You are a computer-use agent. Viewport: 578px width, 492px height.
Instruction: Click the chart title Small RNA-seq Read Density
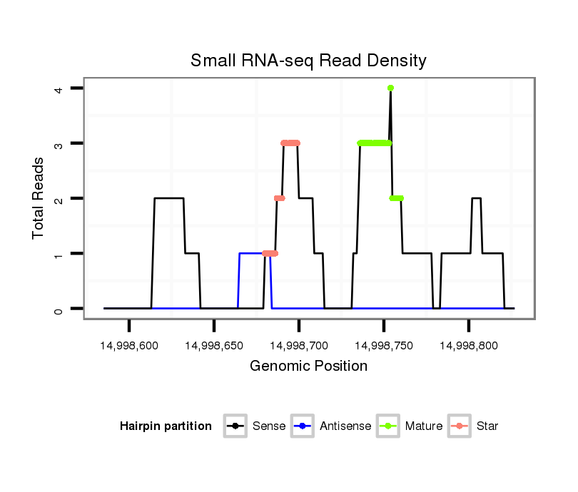308,61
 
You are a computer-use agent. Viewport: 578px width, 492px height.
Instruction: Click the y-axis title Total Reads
39,198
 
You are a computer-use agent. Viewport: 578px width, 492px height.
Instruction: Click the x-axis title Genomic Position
308,367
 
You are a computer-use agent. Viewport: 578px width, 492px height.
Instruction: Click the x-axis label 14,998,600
129,346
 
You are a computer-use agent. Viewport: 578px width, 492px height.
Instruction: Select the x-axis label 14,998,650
214,346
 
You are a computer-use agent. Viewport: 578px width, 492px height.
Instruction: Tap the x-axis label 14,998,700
299,346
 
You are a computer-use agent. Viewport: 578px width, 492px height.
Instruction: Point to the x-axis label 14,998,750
383,346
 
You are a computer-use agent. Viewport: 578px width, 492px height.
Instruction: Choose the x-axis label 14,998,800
468,346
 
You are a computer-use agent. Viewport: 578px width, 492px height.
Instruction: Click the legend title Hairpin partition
166,426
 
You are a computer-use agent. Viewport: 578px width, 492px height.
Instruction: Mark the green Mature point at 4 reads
390,88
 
